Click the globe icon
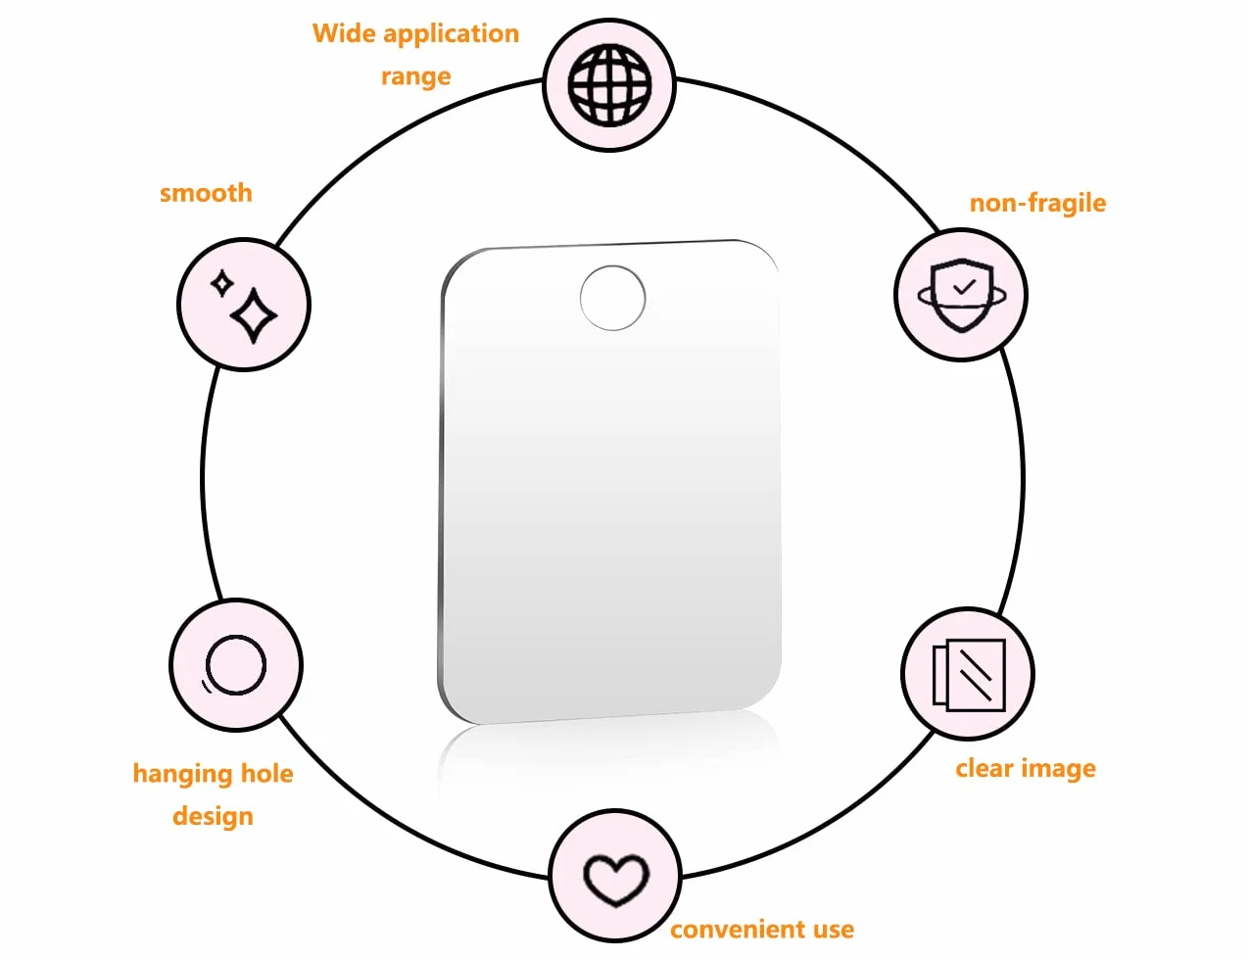(609, 84)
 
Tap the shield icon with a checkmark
(961, 295)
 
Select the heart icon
(615, 880)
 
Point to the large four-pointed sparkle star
(254, 315)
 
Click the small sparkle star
(221, 284)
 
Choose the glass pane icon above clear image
(969, 675)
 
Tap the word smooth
(206, 193)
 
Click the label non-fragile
(1037, 203)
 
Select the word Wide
(344, 32)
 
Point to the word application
(451, 34)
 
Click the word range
(415, 77)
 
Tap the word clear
(984, 768)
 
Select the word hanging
(182, 775)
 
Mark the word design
(213, 816)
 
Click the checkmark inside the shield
(964, 286)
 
